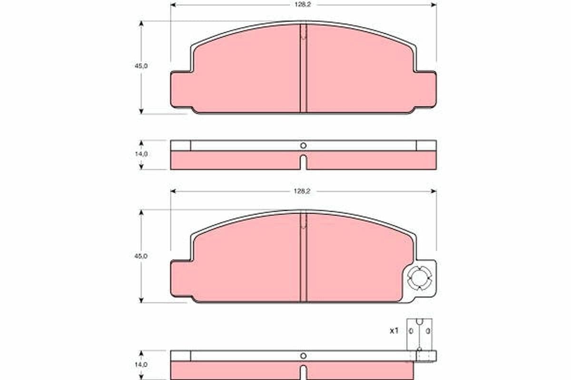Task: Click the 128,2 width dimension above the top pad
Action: pyautogui.click(x=303, y=5)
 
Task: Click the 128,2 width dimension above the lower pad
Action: pyautogui.click(x=302, y=191)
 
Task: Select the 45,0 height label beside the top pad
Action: pyautogui.click(x=141, y=66)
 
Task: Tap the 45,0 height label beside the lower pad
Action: pyautogui.click(x=141, y=256)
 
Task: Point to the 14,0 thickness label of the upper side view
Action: pyautogui.click(x=141, y=154)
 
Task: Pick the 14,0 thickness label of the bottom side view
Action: pyautogui.click(x=141, y=365)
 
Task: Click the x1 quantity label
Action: pyautogui.click(x=394, y=331)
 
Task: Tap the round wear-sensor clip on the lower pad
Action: pyautogui.click(x=420, y=278)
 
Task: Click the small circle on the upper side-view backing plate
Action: pyautogui.click(x=304, y=146)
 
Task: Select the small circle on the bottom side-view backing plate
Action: pyautogui.click(x=304, y=356)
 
